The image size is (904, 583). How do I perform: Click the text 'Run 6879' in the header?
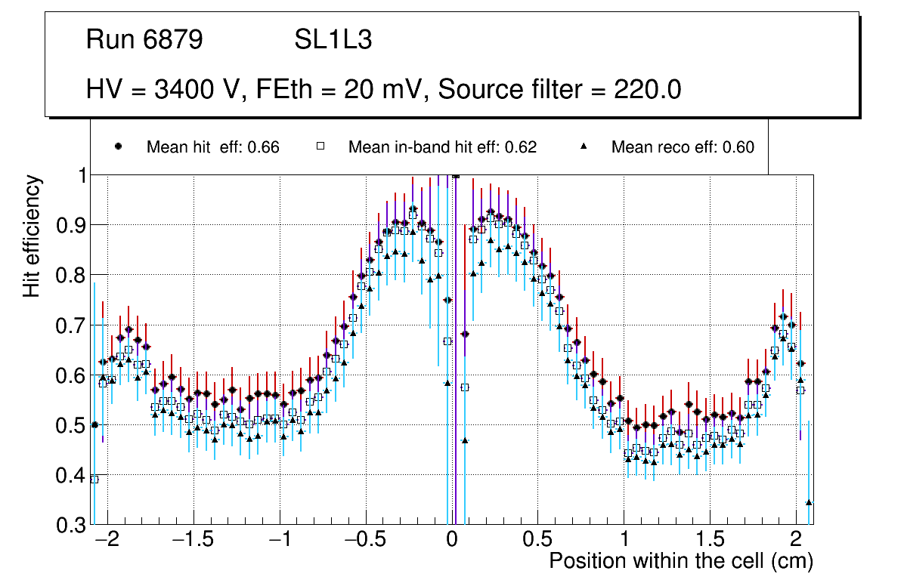[144, 40]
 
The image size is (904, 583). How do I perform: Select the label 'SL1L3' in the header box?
[333, 40]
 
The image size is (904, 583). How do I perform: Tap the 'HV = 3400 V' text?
[163, 90]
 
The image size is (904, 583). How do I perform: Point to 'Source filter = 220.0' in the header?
[560, 90]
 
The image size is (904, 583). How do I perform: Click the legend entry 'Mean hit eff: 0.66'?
[212, 147]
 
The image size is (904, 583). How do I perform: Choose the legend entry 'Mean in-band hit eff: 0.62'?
[442, 147]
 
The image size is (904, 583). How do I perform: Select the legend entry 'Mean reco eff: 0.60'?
[683, 147]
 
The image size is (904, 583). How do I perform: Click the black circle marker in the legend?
[118, 147]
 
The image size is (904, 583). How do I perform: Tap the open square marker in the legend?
[320, 147]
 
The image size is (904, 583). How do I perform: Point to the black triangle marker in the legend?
[584, 147]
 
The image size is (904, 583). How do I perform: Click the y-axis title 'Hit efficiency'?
[32, 236]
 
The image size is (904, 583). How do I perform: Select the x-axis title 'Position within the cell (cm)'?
[680, 561]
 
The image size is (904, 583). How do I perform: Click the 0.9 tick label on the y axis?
[72, 225]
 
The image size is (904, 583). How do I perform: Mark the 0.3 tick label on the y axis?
[72, 525]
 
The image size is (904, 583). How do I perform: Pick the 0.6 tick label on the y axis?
[72, 375]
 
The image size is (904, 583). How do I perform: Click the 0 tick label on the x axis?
[452, 541]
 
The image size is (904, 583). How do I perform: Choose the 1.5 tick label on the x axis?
[710, 541]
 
